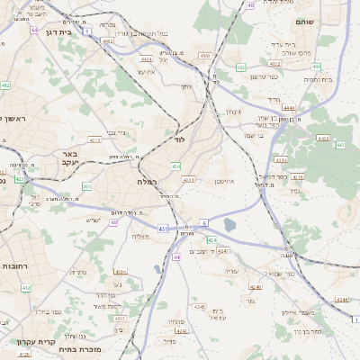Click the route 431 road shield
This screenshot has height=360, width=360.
coord(164,229)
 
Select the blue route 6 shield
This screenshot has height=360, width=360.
coord(204,220)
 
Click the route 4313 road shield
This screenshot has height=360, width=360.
coord(189,180)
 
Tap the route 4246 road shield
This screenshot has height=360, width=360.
coord(181,331)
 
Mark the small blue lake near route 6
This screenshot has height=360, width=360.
coord(229,224)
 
